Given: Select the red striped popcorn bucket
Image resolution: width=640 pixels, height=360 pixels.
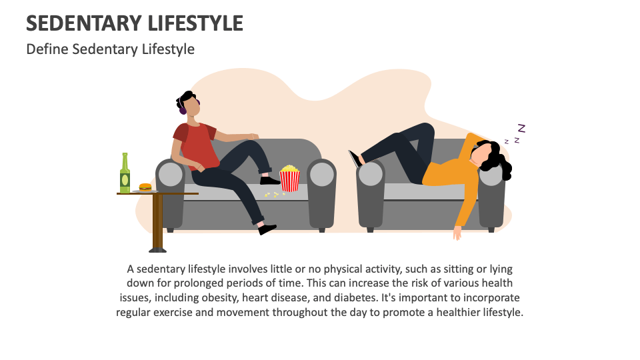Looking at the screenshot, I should point(289,179).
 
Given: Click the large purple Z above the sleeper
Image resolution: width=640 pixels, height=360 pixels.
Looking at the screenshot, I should point(521,128).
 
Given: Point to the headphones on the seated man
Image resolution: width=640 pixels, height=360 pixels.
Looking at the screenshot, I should point(181,107).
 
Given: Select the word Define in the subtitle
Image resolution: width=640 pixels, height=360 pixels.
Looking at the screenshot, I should point(47,49).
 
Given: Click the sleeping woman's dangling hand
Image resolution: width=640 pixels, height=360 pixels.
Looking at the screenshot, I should point(457,233).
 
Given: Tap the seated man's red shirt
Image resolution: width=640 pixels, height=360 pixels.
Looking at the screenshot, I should point(197,147).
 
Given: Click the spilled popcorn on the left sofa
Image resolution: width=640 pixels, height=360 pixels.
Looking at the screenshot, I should point(271,194).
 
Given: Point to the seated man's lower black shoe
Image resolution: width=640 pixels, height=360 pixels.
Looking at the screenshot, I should point(267,229).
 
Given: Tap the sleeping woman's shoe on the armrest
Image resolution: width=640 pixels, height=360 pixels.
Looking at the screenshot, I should point(354,159).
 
